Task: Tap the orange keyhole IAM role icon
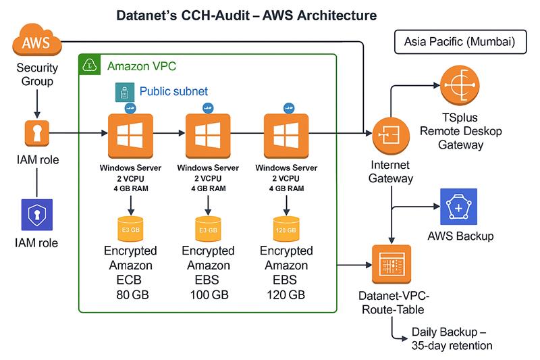coord(36,134)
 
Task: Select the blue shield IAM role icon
coord(36,215)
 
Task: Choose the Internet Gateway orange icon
coord(389,134)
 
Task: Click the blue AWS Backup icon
coord(458,206)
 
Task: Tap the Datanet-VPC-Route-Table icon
coord(391,263)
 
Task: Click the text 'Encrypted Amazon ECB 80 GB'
coord(131,272)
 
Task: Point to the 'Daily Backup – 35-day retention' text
coord(452,339)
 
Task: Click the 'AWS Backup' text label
coord(460,236)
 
